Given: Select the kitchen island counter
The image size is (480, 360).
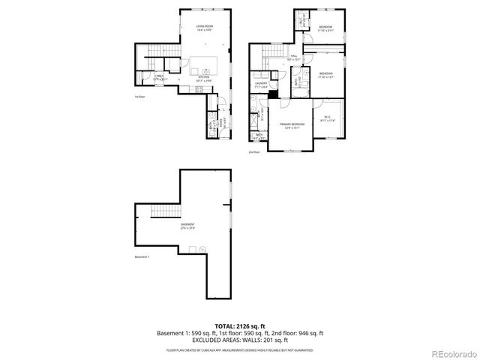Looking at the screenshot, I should pyautogui.click(x=205, y=63).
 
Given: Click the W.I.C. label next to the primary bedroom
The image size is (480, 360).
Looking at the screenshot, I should pyautogui.click(x=328, y=117).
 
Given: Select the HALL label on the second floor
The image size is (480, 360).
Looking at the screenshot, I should pyautogui.click(x=295, y=56).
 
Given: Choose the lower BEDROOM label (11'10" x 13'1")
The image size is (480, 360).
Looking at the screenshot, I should pyautogui.click(x=324, y=73).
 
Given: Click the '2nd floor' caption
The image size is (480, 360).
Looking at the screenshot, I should pyautogui.click(x=254, y=152).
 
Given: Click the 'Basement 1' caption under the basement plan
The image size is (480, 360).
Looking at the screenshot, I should pyautogui.click(x=142, y=257).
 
